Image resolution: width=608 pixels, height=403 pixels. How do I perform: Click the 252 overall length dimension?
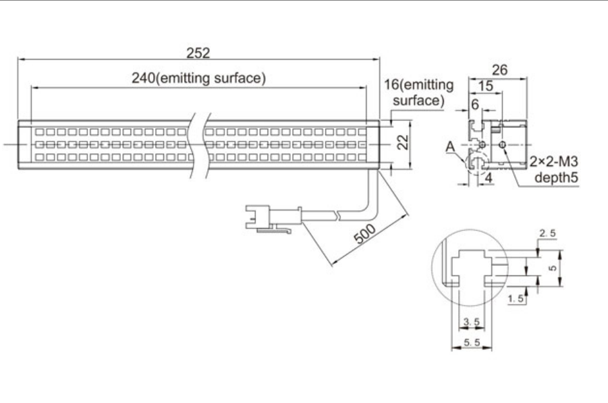pos(198,53)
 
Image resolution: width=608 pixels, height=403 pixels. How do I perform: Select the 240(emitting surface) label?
pos(199,78)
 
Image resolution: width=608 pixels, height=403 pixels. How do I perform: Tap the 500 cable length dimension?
pos(365,234)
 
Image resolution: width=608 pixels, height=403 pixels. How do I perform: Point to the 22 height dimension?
pos(403,142)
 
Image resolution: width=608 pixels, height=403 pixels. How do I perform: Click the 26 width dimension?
pos(499,70)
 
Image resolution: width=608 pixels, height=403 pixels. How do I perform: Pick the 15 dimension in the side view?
pos(486,86)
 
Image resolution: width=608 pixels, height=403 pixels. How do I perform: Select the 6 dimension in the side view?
pos(475,104)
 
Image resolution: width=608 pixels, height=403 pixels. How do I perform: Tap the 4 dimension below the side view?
pos(488,178)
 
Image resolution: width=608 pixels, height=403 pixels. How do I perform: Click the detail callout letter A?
pos(450,147)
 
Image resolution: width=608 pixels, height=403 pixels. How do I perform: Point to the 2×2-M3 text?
pos(554,162)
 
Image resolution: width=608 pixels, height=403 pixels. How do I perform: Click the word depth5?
pos(557,177)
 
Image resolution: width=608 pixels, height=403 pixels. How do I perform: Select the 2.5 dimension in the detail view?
pos(548,233)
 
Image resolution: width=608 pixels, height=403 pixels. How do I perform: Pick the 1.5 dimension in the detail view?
pos(516,299)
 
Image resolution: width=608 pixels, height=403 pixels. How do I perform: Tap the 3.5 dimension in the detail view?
pos(472,321)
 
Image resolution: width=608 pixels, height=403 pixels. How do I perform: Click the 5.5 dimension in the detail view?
pos(472,342)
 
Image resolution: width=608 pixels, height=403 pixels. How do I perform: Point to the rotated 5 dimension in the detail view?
pos(553,268)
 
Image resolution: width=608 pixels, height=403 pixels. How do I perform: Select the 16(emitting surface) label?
pos(419,92)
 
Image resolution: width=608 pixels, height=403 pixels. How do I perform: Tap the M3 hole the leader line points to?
pos(502,145)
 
